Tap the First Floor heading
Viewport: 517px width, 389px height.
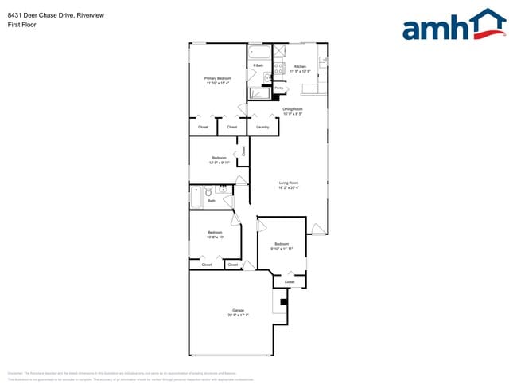[x=19, y=25]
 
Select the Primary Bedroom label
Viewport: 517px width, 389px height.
[x=217, y=80]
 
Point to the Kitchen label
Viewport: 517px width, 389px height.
[x=300, y=69]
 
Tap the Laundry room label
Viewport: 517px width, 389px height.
[x=262, y=127]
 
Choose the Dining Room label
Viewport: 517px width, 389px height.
[x=293, y=111]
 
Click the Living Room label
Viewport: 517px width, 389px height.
[x=288, y=185]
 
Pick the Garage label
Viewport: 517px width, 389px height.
[x=238, y=312]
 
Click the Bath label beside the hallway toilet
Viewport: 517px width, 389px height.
[x=212, y=201]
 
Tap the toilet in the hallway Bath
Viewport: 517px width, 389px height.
[x=208, y=191]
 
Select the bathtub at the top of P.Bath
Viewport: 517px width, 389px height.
[x=258, y=54]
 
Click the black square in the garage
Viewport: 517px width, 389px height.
[x=282, y=301]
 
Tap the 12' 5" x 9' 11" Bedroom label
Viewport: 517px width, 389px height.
[x=219, y=159]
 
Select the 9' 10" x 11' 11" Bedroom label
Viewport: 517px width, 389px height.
[x=282, y=246]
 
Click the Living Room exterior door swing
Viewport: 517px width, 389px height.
[x=318, y=230]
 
